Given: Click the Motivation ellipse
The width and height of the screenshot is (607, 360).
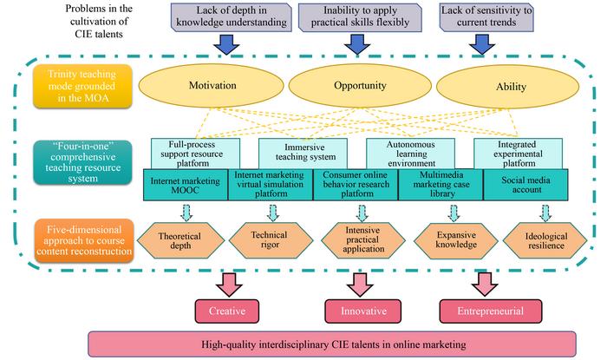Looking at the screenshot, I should pos(212,87).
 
